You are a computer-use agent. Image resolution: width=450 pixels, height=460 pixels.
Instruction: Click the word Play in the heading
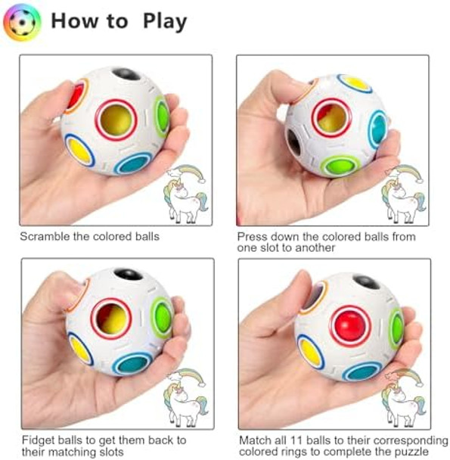pos(164,21)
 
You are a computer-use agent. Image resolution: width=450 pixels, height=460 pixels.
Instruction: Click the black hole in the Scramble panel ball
pos(126,74)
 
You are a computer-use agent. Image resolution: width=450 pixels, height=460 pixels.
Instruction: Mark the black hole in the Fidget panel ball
pos(129,275)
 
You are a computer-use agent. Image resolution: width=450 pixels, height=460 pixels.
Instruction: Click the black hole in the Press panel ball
pos(294,141)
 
